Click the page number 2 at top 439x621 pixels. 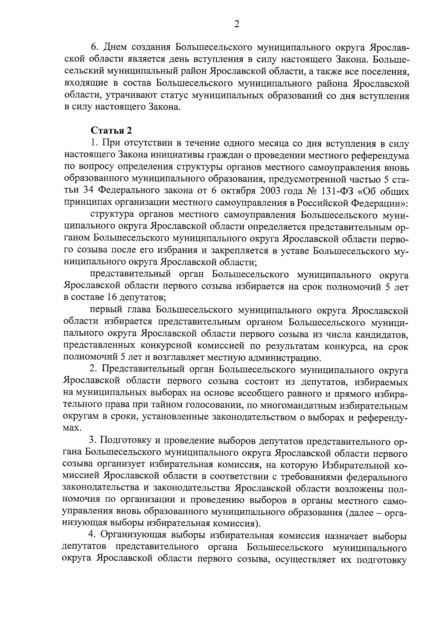click(236, 25)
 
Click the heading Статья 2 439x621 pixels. click(110, 130)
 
